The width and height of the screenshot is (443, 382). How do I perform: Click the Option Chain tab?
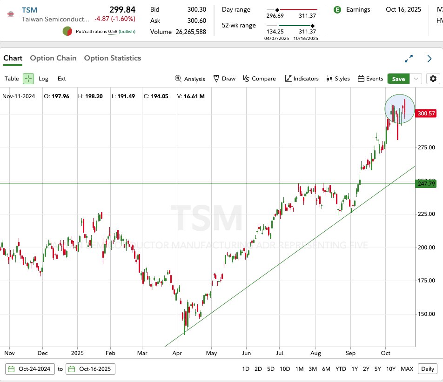(53, 58)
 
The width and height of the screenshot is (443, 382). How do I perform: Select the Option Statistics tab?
(112, 58)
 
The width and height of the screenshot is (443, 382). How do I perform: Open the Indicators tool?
(302, 79)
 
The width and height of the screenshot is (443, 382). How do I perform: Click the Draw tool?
(224, 79)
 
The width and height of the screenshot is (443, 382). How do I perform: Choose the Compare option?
(259, 79)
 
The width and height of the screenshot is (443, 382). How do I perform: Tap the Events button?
(370, 79)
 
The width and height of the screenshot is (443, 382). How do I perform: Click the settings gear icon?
(433, 79)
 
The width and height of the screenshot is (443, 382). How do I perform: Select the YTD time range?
(341, 369)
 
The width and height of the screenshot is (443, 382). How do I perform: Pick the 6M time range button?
(326, 369)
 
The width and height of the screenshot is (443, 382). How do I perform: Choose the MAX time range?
(407, 369)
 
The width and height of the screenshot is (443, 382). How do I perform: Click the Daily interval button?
(427, 369)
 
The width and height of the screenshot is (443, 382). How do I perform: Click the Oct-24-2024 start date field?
(30, 369)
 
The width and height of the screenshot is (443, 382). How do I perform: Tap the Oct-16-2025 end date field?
(91, 369)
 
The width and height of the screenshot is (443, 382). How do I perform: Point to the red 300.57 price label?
(426, 114)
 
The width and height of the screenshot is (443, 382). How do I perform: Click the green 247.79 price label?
(426, 184)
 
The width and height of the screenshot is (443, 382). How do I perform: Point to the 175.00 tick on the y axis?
(426, 281)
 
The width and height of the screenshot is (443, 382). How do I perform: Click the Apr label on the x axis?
(176, 353)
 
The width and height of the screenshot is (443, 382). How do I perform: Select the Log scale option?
(43, 79)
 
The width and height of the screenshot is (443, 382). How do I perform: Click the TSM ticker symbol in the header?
(29, 10)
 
